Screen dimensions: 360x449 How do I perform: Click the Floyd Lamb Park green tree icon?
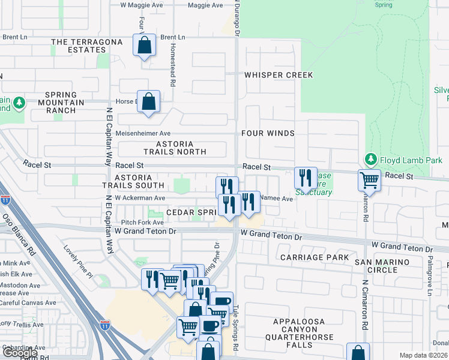371,160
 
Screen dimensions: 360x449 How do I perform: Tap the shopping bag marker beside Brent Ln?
145,45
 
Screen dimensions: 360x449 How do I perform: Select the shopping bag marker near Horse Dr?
148,101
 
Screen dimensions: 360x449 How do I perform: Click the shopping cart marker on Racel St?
369,179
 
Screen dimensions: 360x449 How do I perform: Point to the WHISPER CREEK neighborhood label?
279,75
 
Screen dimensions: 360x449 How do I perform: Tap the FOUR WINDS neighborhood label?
268,133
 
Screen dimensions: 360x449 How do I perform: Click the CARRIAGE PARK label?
315,257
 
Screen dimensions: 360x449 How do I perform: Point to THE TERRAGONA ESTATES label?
87,46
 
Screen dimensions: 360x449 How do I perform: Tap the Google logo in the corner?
20,353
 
